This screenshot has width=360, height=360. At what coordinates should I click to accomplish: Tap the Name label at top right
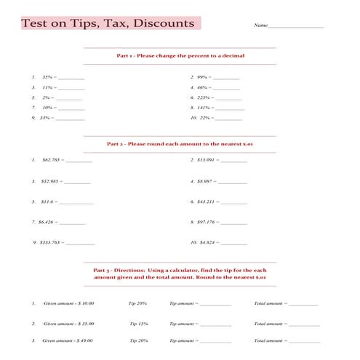(260, 25)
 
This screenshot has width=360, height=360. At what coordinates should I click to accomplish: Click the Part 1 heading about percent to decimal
(180, 55)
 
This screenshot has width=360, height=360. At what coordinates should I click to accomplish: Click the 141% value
(204, 107)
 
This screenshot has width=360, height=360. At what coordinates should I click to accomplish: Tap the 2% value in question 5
(47, 97)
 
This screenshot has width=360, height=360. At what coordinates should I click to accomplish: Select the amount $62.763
(51, 159)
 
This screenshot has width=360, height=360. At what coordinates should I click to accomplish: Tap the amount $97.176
(207, 221)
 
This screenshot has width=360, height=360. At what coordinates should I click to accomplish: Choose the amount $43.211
(207, 201)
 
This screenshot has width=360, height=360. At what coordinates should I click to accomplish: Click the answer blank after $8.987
(233, 181)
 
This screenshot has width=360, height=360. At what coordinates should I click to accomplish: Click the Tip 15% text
(139, 324)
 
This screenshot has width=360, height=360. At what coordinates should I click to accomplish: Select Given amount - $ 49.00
(68, 340)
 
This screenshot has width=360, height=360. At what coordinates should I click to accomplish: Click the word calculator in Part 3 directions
(185, 270)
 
